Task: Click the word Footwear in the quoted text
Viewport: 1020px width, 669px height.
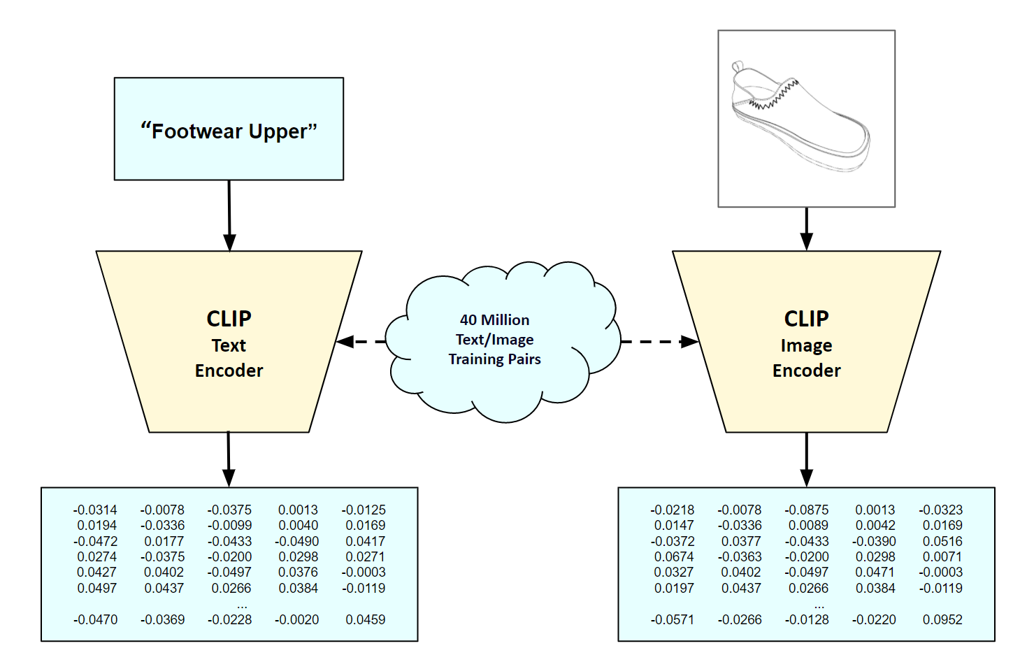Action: coord(198,131)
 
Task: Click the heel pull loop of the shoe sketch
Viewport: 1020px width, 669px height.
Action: coord(737,67)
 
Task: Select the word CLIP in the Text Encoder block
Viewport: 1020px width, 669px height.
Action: coord(229,319)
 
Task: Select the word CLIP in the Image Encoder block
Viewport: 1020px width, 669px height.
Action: coord(806,319)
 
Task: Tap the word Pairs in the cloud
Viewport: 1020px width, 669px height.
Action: coord(525,359)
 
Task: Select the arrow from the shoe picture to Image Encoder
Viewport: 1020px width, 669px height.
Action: coord(806,229)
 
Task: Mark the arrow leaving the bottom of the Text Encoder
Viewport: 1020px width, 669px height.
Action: coord(229,459)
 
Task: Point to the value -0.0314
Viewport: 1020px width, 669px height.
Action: coord(95,510)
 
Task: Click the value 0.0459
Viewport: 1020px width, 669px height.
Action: coord(366,620)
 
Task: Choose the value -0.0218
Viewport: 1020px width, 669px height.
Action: coord(673,510)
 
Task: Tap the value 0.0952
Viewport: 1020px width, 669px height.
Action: coord(942,620)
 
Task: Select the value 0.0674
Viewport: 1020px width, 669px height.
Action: coord(674,557)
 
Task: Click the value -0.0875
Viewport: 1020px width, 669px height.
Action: coord(807,510)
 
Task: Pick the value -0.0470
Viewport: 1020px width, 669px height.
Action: coord(95,620)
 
